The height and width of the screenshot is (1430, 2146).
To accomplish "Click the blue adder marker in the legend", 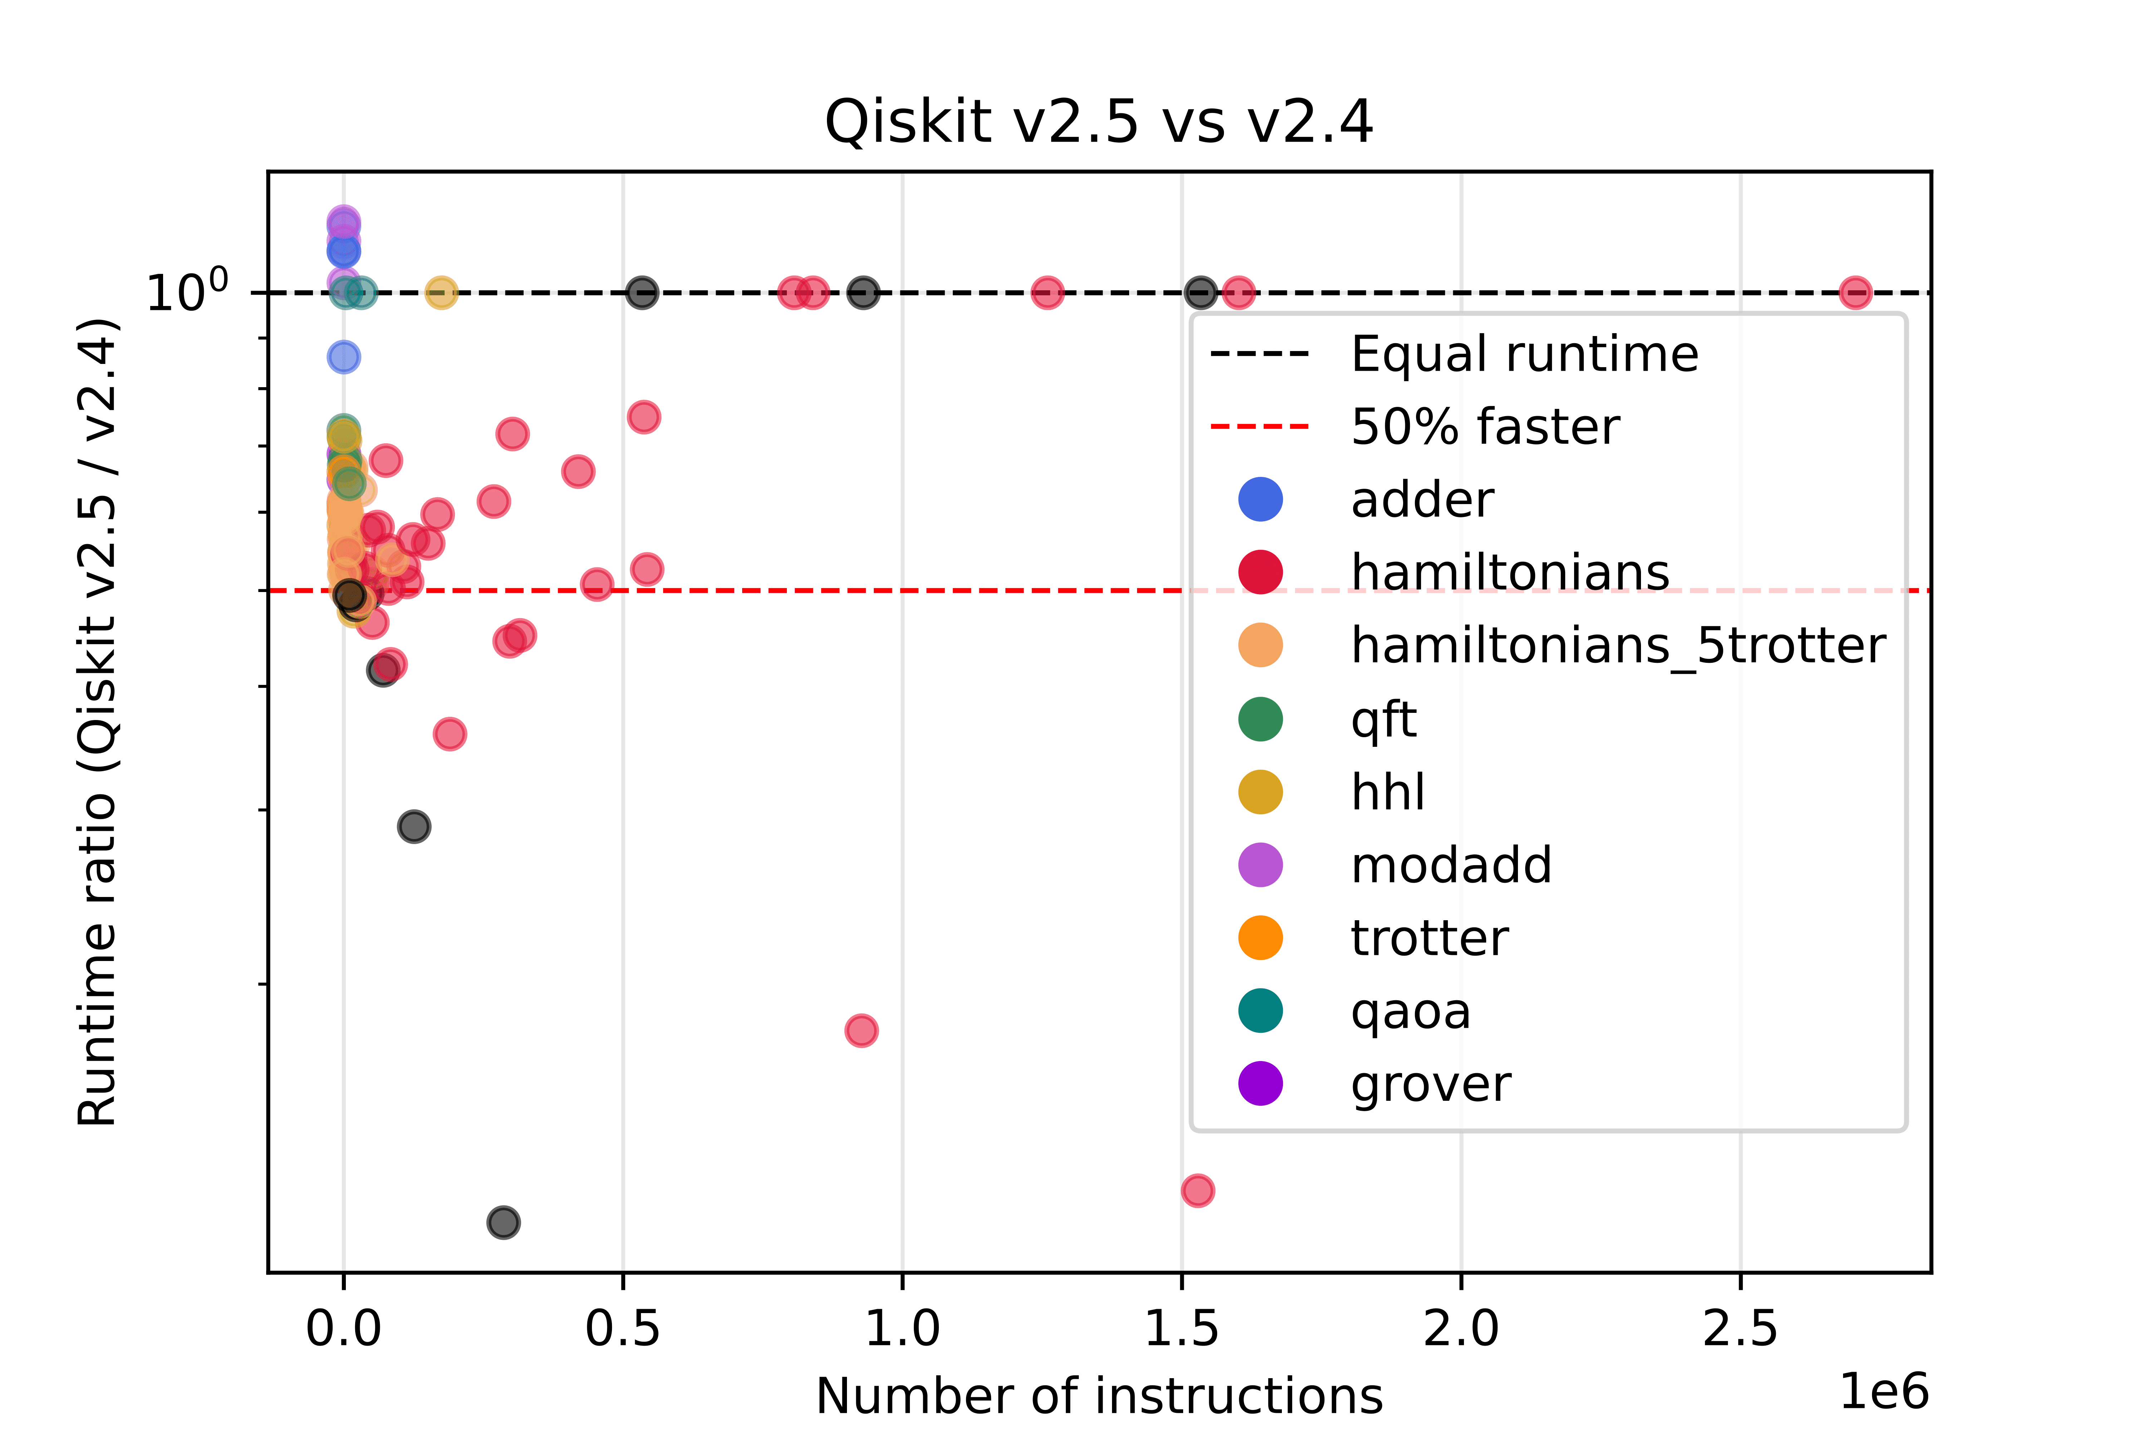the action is point(1260,500).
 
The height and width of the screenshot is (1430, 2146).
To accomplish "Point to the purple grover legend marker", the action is point(1260,1084).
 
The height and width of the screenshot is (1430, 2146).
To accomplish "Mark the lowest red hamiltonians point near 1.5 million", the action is point(1197,1190).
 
